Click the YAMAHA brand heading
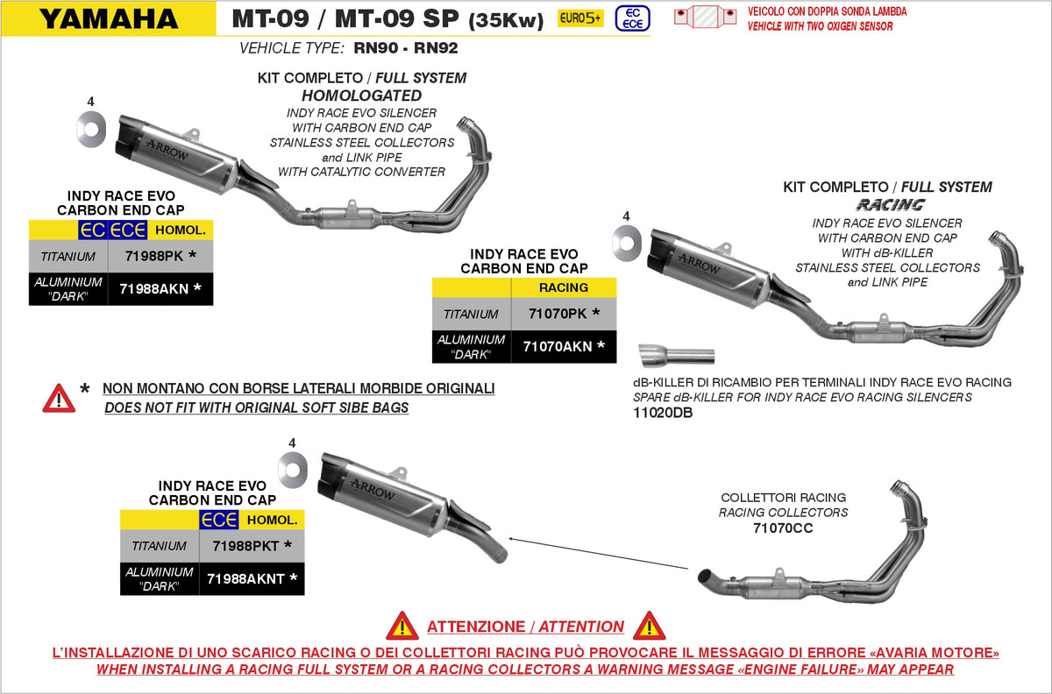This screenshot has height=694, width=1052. (109, 18)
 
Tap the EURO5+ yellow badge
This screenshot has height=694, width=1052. (581, 18)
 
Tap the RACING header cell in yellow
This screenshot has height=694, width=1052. (564, 287)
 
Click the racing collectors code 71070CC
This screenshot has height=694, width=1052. (783, 528)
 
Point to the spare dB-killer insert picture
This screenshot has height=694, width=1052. (677, 356)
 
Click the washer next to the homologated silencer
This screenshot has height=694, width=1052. (91, 131)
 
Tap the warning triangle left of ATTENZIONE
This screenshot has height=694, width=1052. (402, 626)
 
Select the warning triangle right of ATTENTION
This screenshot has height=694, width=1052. (649, 626)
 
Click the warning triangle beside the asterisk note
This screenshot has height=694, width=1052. (59, 398)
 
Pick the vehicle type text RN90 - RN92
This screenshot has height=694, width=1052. (405, 48)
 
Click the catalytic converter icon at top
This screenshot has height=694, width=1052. (705, 18)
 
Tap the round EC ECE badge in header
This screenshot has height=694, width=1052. (628, 18)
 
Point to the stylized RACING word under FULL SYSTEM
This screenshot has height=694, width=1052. (890, 204)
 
